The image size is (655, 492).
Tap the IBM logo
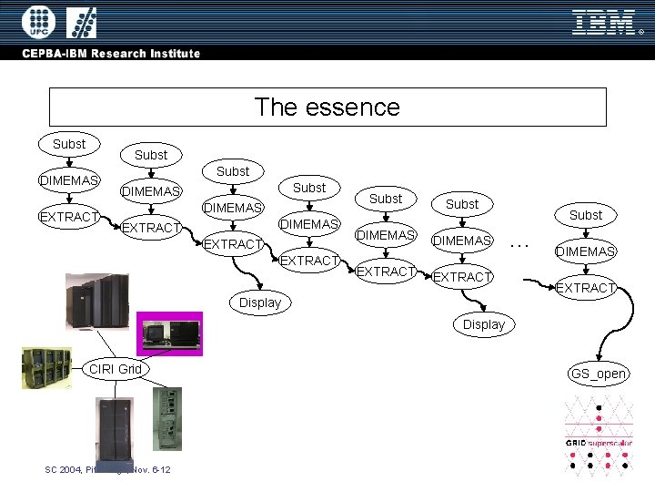(603, 22)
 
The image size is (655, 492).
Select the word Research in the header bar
(123, 54)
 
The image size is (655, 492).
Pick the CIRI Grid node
(115, 369)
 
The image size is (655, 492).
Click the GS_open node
(598, 374)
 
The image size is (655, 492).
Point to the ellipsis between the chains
(520, 243)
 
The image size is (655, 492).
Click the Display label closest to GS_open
(484, 324)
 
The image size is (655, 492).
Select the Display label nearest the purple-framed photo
(260, 302)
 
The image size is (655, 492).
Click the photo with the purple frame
(169, 333)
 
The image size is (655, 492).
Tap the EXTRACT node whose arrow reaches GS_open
(586, 288)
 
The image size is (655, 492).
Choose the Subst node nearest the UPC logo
(69, 144)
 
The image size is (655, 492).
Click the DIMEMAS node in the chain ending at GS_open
(586, 251)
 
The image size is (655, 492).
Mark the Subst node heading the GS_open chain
(586, 215)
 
